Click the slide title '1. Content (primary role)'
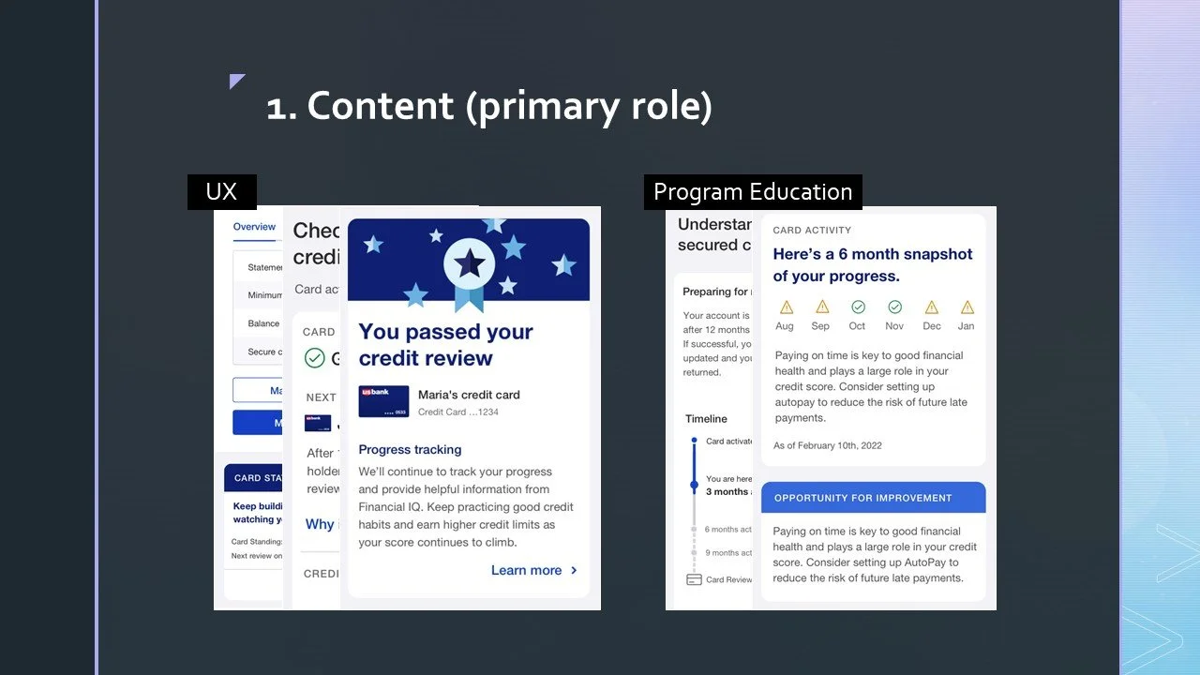click(488, 106)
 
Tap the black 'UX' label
click(221, 192)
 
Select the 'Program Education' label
click(752, 192)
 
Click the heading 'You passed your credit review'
click(445, 344)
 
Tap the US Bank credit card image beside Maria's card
click(383, 401)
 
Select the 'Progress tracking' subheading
click(410, 449)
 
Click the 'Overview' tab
click(254, 227)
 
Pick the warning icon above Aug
click(786, 307)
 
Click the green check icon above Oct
click(858, 307)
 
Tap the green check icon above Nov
click(894, 307)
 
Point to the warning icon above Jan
click(967, 307)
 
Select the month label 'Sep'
click(820, 326)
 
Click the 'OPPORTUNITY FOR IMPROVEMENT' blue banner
click(873, 498)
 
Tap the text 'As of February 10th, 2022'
click(827, 445)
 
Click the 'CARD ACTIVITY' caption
click(812, 230)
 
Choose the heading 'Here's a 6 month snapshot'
click(872, 254)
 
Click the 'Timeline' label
click(706, 419)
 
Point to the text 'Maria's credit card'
click(469, 395)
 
